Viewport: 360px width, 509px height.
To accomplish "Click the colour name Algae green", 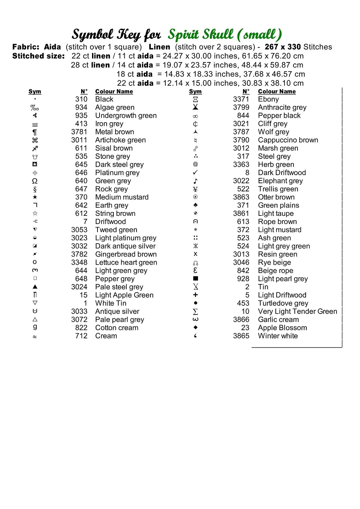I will (115, 108).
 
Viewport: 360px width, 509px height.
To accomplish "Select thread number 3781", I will (79, 132).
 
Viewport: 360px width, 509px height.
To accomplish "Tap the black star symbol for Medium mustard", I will (35, 197).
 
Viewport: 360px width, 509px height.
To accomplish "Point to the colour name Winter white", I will (278, 336).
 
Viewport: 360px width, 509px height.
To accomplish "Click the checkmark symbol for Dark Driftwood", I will (195, 173).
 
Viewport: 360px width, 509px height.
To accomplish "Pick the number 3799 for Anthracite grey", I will (241, 108).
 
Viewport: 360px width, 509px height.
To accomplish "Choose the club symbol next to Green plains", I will (195, 205).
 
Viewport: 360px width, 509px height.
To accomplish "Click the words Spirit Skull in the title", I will (201, 35).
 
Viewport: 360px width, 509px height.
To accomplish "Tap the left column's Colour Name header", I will (114, 92).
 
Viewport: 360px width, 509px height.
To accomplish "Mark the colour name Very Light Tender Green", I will (298, 312).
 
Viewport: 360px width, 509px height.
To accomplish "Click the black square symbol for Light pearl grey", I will (195, 279).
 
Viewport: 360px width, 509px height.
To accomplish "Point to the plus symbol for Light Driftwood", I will (195, 295).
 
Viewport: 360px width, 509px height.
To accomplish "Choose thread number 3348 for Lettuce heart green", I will (79, 262).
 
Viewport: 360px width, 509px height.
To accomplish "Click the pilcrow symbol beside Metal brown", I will (35, 132).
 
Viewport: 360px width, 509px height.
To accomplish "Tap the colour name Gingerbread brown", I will (126, 254).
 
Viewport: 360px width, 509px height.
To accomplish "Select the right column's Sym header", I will (195, 92).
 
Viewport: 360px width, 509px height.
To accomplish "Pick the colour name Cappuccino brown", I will (288, 140).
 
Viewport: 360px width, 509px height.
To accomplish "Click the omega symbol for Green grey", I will (35, 181).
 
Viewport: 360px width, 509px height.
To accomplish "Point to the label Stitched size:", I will (38, 56).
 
